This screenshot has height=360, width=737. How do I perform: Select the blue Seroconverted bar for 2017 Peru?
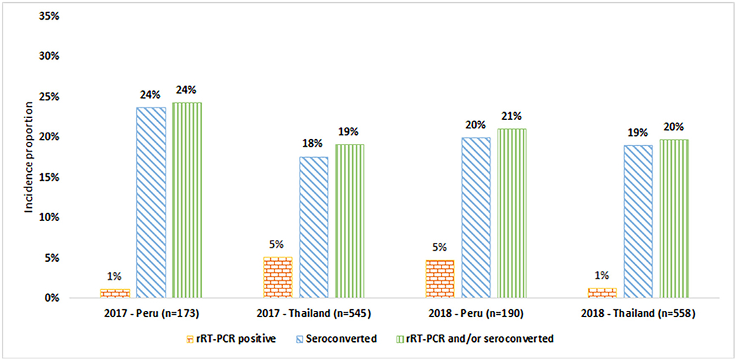pyautogui.click(x=152, y=203)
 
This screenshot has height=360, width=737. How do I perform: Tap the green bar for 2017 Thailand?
pyautogui.click(x=350, y=221)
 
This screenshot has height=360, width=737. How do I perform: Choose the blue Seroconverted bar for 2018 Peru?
pyautogui.click(x=475, y=218)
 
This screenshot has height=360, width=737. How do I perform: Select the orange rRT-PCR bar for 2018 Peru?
pyautogui.click(x=440, y=279)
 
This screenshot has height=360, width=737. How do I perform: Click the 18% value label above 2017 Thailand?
pyautogui.click(x=312, y=144)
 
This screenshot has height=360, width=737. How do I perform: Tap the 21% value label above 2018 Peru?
pyautogui.click(x=511, y=116)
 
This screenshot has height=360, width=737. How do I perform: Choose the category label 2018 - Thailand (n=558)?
pyautogui.click(x=637, y=314)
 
